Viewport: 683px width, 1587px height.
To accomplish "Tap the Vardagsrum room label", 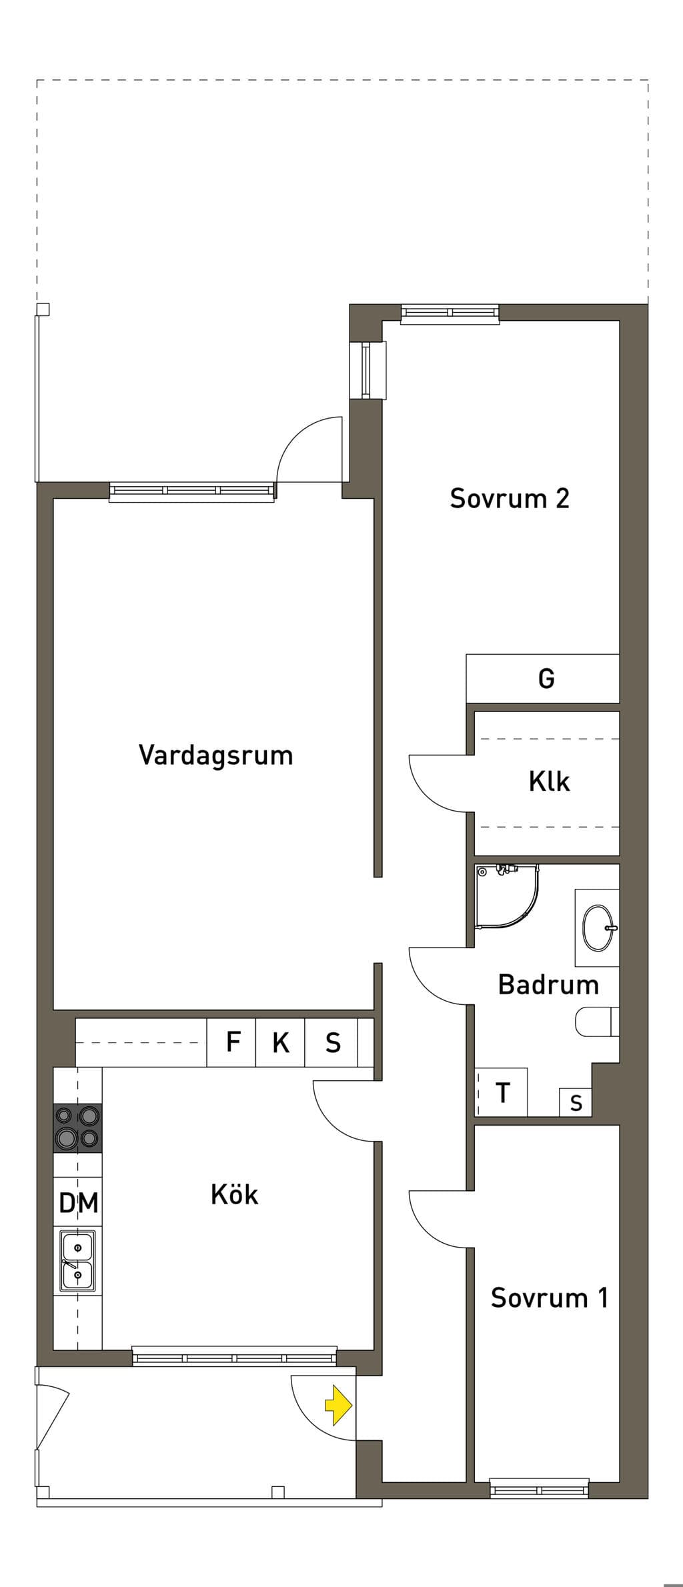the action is (x=216, y=755).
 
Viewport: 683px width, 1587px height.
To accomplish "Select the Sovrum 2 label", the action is (x=510, y=498).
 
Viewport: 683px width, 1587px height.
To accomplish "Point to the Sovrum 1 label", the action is (x=550, y=1298).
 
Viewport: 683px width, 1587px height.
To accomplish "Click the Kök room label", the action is (x=234, y=1194).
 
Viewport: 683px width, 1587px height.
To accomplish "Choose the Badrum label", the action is (x=548, y=984).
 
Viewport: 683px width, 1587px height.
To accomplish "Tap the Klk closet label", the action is (x=550, y=781).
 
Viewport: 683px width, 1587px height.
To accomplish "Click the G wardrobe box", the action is (x=542, y=678).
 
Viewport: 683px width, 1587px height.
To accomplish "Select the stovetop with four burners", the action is (x=78, y=1128).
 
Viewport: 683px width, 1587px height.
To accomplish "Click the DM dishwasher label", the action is (x=79, y=1203).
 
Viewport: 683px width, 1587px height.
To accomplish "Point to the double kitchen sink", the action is (x=78, y=1261).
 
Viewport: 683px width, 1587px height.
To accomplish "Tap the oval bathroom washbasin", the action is (x=598, y=927).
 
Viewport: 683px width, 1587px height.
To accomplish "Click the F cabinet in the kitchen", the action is (x=231, y=1042).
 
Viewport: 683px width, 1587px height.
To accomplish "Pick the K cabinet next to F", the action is (x=280, y=1042).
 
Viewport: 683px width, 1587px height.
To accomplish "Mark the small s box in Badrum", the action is (x=576, y=1103).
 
